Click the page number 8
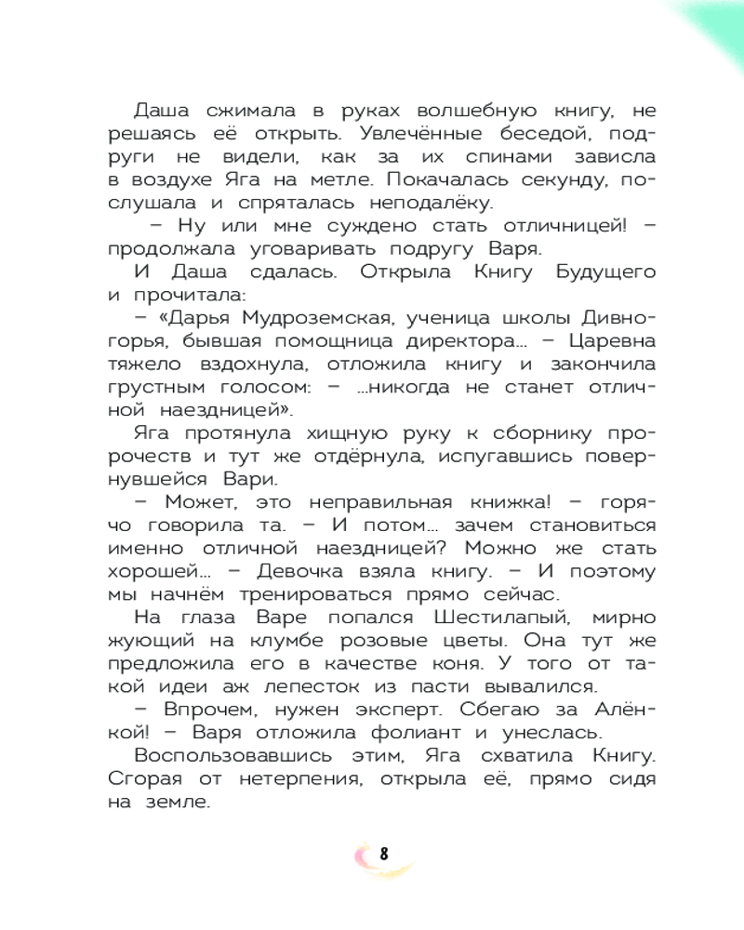coord(383,854)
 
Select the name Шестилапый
coord(501,618)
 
